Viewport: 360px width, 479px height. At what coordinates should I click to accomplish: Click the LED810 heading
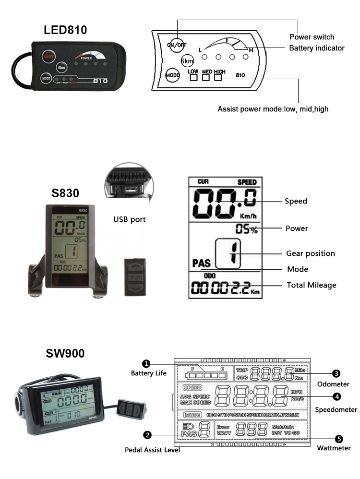point(65,30)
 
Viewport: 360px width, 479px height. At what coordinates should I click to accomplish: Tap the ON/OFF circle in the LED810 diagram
point(176,45)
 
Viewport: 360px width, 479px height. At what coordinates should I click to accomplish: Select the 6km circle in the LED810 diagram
point(187,61)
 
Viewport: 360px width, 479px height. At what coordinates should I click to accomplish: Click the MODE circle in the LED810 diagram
point(172,75)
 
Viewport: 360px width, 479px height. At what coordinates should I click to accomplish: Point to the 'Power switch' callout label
point(312,37)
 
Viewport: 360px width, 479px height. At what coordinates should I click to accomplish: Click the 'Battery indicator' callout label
point(316,48)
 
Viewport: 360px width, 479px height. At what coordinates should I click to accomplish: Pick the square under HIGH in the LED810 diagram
point(218,77)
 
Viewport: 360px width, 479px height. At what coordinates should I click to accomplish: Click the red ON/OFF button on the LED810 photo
point(49,56)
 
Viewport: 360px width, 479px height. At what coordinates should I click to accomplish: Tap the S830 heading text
point(65,193)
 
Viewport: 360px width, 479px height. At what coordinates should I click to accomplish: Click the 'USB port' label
point(129,219)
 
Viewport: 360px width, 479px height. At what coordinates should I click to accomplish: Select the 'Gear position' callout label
point(310,253)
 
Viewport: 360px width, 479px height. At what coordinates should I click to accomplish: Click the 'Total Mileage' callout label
point(311,285)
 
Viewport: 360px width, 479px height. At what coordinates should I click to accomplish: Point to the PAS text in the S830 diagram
point(202,263)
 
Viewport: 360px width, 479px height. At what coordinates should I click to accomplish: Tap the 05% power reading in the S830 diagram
point(246,229)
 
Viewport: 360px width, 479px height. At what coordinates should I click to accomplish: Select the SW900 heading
point(65,353)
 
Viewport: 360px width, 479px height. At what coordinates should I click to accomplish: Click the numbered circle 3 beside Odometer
point(336,373)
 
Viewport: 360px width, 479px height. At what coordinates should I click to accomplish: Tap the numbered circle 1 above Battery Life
point(146,364)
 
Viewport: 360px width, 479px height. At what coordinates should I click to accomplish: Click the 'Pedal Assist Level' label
point(152,450)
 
